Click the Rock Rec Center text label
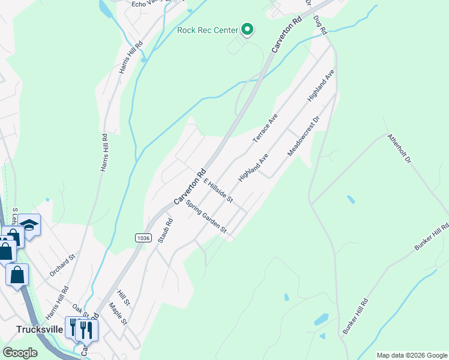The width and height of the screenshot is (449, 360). pyautogui.click(x=208, y=29)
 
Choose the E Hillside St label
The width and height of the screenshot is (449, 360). pyautogui.click(x=218, y=190)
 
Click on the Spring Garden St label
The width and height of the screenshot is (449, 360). pyautogui.click(x=206, y=217)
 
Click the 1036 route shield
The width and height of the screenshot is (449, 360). pyautogui.click(x=142, y=238)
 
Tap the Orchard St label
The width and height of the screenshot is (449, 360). pyautogui.click(x=62, y=265)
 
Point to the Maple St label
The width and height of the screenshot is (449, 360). pyautogui.click(x=118, y=313)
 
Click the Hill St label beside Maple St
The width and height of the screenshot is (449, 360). pyautogui.click(x=123, y=296)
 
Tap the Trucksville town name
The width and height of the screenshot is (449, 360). pyautogui.click(x=40, y=329)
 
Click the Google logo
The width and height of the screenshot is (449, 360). pyautogui.click(x=20, y=353)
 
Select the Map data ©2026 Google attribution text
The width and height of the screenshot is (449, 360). pyautogui.click(x=412, y=355)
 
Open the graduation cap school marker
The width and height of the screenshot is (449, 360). pyautogui.click(x=29, y=225)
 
